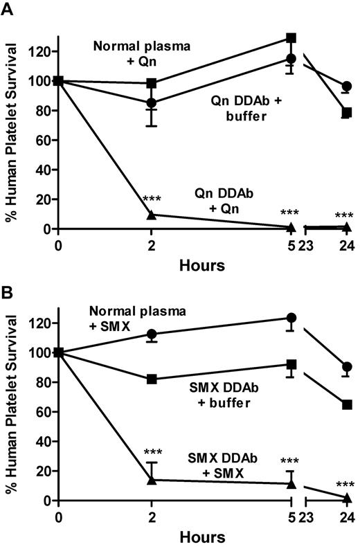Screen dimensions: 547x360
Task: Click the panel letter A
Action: (9, 8)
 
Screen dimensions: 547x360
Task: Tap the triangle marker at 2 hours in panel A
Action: (152, 215)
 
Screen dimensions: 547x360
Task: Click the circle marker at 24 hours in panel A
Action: (347, 87)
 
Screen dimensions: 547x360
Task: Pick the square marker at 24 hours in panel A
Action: (347, 112)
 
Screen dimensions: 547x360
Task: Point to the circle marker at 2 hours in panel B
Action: (152, 334)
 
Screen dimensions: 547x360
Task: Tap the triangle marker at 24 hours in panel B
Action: (347, 498)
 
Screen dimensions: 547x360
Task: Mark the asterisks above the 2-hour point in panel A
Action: (152, 199)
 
